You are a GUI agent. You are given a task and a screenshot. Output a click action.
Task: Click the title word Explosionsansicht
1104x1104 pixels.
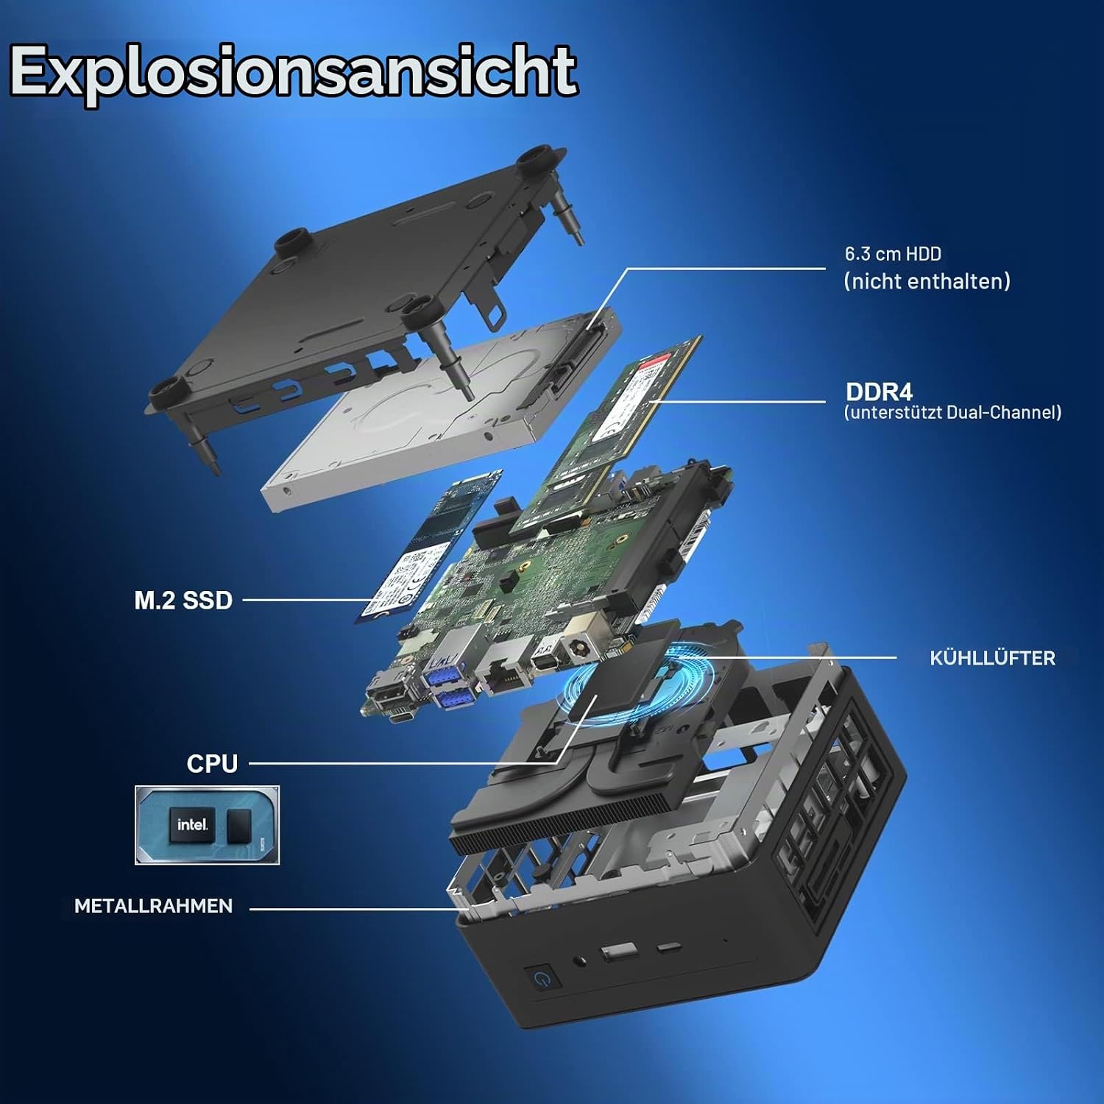(293, 72)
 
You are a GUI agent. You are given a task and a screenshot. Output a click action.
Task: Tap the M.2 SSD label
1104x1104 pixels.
(183, 600)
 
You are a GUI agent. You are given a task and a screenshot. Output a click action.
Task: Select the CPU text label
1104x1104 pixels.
(212, 763)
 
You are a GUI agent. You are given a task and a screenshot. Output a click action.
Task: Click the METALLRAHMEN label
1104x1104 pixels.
(153, 905)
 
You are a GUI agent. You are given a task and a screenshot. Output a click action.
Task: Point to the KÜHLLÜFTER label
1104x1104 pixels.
(992, 658)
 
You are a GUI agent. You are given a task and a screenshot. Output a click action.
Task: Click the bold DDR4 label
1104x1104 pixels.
(879, 392)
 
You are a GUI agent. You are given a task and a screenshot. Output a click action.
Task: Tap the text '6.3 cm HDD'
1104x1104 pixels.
(893, 254)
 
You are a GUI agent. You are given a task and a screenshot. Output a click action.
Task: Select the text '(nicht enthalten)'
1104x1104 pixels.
(927, 281)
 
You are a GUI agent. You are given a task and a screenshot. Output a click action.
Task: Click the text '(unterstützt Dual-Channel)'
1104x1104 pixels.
(953, 412)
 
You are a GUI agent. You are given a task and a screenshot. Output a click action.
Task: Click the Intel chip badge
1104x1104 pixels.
(207, 824)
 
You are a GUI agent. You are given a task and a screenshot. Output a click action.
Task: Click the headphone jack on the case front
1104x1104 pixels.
(583, 960)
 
